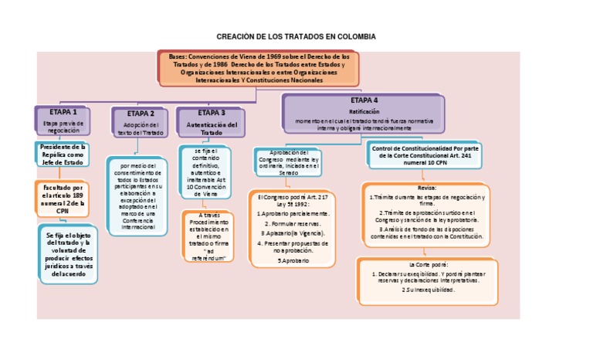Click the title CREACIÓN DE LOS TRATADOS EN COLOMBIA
[296, 37]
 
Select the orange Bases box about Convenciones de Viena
[259, 68]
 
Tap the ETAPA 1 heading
[63, 112]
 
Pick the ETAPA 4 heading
[364, 100]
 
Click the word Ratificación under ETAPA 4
[364, 111]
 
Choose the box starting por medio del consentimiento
[140, 196]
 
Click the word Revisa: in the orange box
[425, 188]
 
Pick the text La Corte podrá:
[426, 264]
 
